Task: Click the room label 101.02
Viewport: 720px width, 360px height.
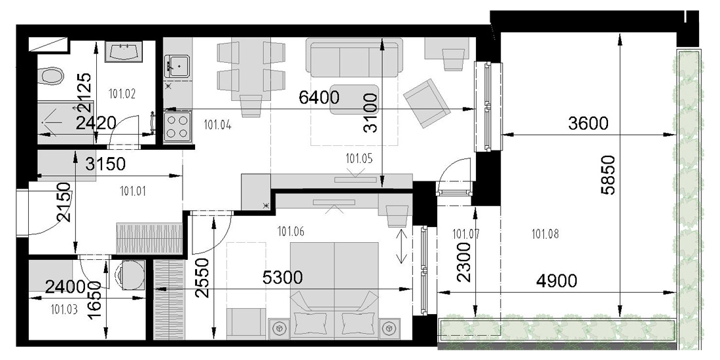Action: coord(122,94)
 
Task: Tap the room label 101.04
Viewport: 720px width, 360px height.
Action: coord(217,124)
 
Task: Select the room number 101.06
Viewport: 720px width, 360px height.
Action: coord(291,232)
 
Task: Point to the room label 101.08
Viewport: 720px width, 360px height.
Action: coord(545,234)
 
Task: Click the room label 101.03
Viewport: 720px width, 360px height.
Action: coord(64,310)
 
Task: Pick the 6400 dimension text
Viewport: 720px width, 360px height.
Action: coord(319,98)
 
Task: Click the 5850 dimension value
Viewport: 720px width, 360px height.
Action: coord(609,175)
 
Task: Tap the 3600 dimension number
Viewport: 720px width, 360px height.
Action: coord(588,123)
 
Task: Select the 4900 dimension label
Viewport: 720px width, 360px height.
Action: coord(556,281)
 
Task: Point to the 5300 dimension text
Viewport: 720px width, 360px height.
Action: coord(283,278)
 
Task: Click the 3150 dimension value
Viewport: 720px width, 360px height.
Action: coord(105,164)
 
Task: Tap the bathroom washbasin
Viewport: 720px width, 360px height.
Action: coord(124,52)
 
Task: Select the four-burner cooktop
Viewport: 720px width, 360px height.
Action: coord(177,126)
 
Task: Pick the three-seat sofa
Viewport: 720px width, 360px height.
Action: coord(354,58)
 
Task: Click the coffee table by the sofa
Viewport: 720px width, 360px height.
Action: coord(355,99)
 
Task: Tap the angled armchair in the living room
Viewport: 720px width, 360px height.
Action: coord(427,103)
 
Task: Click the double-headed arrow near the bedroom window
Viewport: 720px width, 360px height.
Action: coord(401,247)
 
